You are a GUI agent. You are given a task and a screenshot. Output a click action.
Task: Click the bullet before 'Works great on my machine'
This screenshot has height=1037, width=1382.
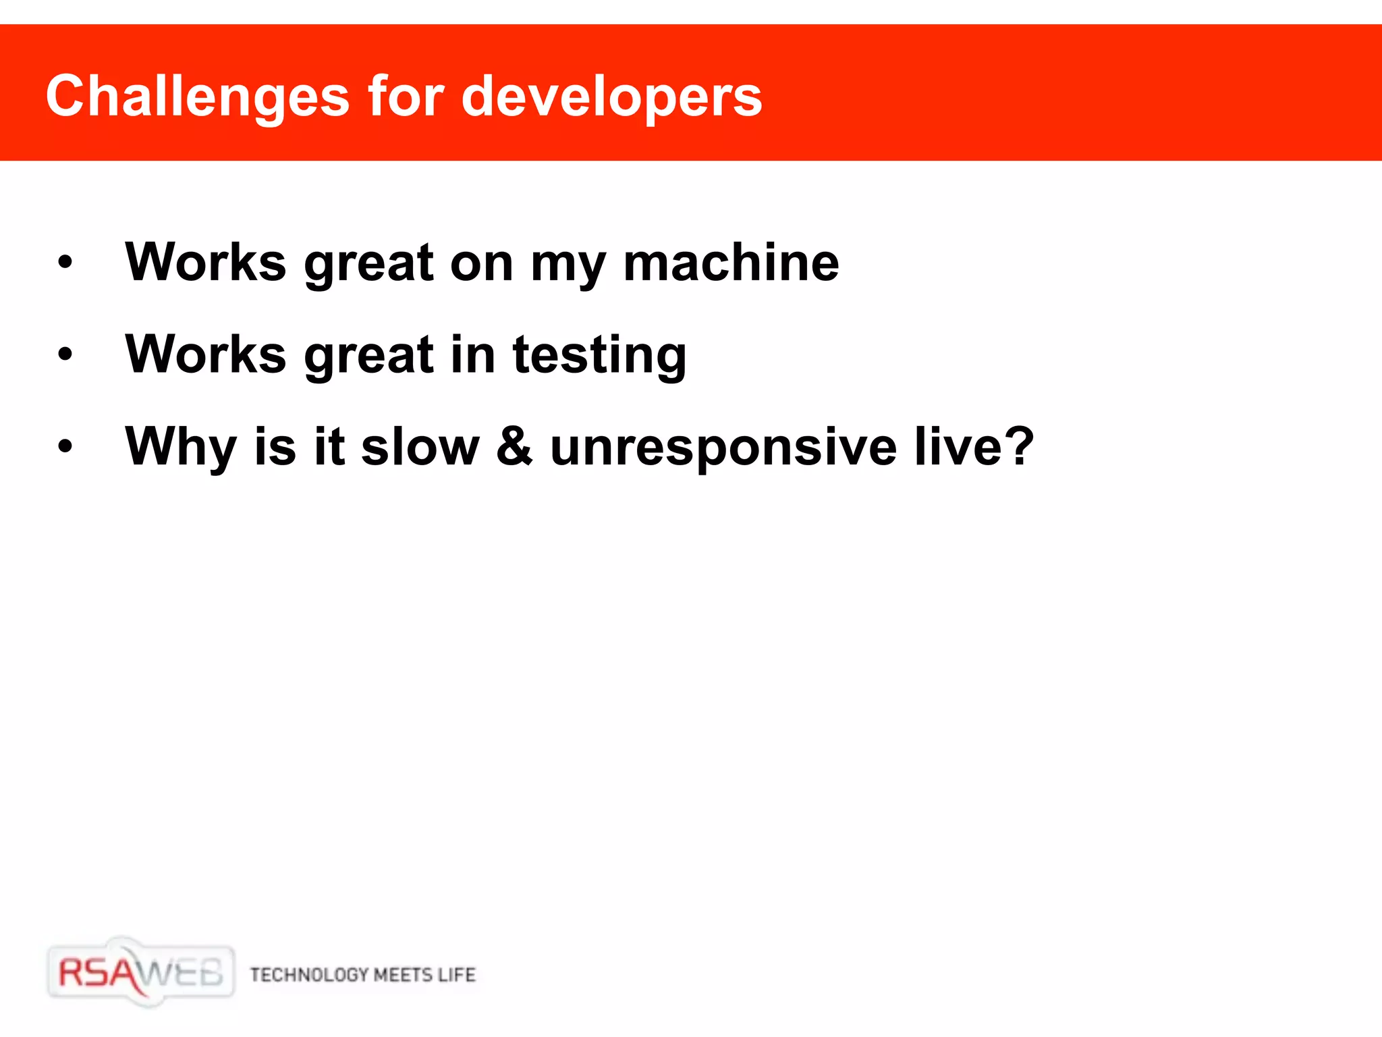click(x=65, y=262)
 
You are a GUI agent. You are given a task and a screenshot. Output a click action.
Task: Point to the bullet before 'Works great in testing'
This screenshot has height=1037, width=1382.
click(x=65, y=354)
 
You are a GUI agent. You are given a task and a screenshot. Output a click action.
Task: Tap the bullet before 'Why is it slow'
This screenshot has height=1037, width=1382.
click(x=65, y=446)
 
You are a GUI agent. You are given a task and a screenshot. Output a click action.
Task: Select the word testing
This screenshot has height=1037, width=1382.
click(x=599, y=355)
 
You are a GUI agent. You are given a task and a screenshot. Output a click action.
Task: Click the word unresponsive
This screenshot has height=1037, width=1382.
click(x=723, y=447)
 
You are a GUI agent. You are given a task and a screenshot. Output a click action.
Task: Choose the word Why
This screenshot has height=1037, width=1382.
click(x=181, y=447)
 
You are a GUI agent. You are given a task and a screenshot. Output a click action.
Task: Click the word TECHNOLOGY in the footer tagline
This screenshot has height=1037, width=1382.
click(x=309, y=974)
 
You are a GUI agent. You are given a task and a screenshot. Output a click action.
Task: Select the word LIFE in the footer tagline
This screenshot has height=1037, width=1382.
click(x=456, y=974)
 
